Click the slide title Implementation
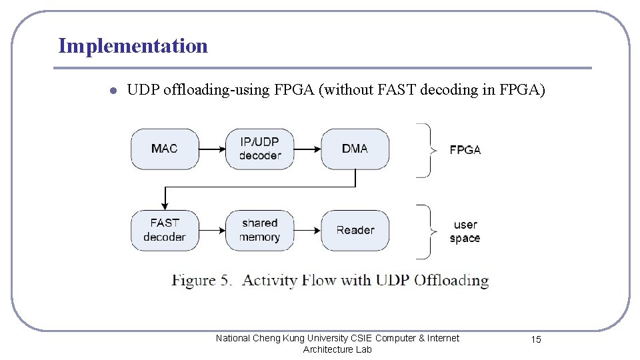(x=133, y=46)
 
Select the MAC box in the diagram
(x=165, y=149)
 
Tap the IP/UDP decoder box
(x=259, y=149)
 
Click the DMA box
(x=355, y=149)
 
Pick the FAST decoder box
(x=165, y=230)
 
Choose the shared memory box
(x=259, y=230)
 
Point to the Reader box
(x=355, y=230)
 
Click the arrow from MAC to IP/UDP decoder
(x=212, y=149)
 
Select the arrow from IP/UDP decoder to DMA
(x=307, y=149)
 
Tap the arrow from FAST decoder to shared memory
(x=212, y=231)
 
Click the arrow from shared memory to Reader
(x=307, y=231)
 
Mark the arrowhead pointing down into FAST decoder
(x=165, y=205)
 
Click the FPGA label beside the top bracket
(x=465, y=150)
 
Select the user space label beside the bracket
(x=465, y=231)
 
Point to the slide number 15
(x=536, y=340)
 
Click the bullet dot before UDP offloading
(x=114, y=91)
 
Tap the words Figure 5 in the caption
(x=201, y=280)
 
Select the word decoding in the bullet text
(x=451, y=90)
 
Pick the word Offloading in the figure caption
(x=451, y=280)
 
